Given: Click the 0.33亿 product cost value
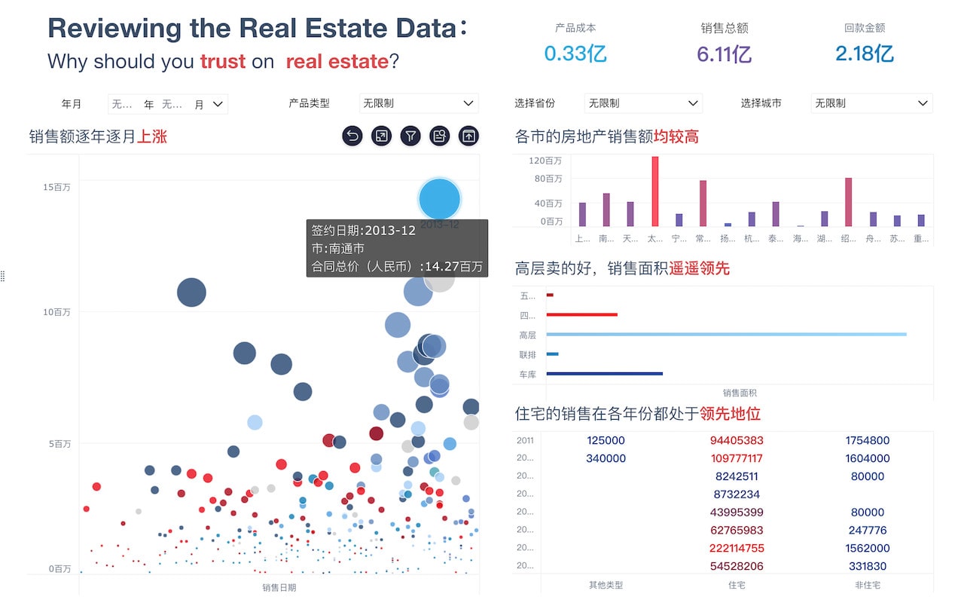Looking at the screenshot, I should [x=575, y=54].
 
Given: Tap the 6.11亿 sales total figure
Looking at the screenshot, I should [x=724, y=54].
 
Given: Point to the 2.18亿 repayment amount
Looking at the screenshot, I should [x=864, y=54].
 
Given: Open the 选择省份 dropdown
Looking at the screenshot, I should [x=642, y=103].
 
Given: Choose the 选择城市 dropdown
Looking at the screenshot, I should [x=871, y=103].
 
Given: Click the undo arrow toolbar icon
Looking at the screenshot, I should [x=352, y=136].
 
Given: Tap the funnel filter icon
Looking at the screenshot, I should [x=410, y=136].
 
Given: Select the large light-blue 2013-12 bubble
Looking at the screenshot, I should [x=439, y=199].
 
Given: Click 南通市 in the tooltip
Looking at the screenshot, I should [x=349, y=248].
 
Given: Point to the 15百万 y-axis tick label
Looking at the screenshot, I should [x=56, y=187].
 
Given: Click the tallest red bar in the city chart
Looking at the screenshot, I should [x=655, y=191].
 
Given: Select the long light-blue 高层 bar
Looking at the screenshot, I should [x=726, y=334].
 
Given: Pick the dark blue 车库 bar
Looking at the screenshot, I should [x=604, y=373].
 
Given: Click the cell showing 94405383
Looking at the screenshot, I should [x=736, y=440].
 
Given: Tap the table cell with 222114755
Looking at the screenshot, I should [x=736, y=548].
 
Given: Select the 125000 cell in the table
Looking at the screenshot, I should [x=606, y=440].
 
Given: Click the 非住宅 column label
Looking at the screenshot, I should [x=867, y=585].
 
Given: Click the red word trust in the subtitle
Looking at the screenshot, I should [x=223, y=62].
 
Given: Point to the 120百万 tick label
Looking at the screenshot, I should [x=545, y=161].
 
